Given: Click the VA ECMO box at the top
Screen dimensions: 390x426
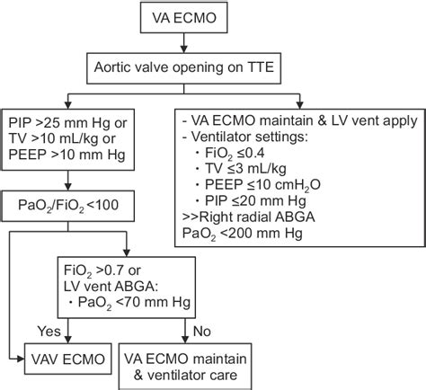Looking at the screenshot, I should [213, 17].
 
